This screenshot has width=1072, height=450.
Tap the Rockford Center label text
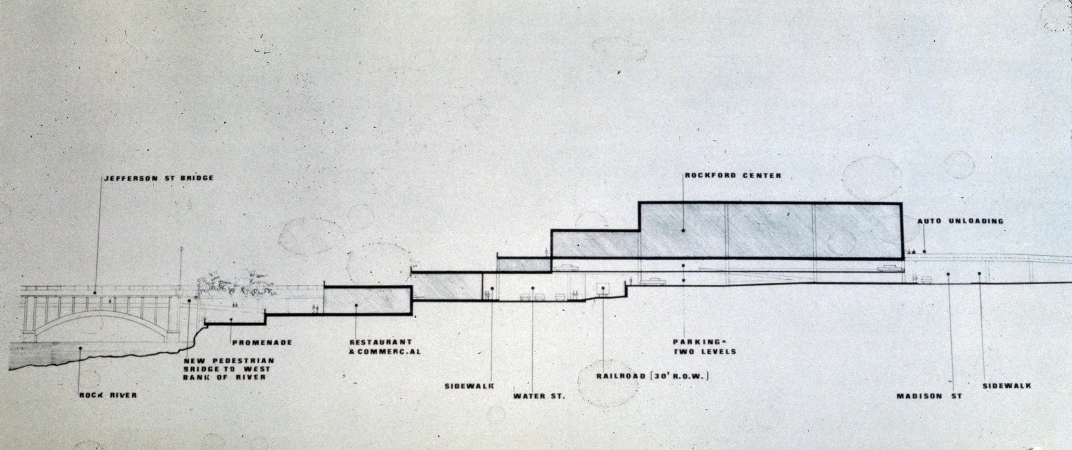pos(733,176)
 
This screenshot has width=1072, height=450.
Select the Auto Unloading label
pos(960,221)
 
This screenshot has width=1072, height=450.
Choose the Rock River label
pos(108,395)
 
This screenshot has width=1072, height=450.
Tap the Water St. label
pos(539,396)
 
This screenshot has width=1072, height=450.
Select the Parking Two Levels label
pos(705,347)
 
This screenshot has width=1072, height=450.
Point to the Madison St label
pos(929,396)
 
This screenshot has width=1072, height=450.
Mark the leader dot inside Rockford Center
pos(683,231)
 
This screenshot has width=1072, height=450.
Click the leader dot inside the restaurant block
pos(356,305)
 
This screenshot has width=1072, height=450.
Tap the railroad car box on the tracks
pos(603,288)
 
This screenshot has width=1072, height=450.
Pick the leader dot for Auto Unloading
pos(924,252)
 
